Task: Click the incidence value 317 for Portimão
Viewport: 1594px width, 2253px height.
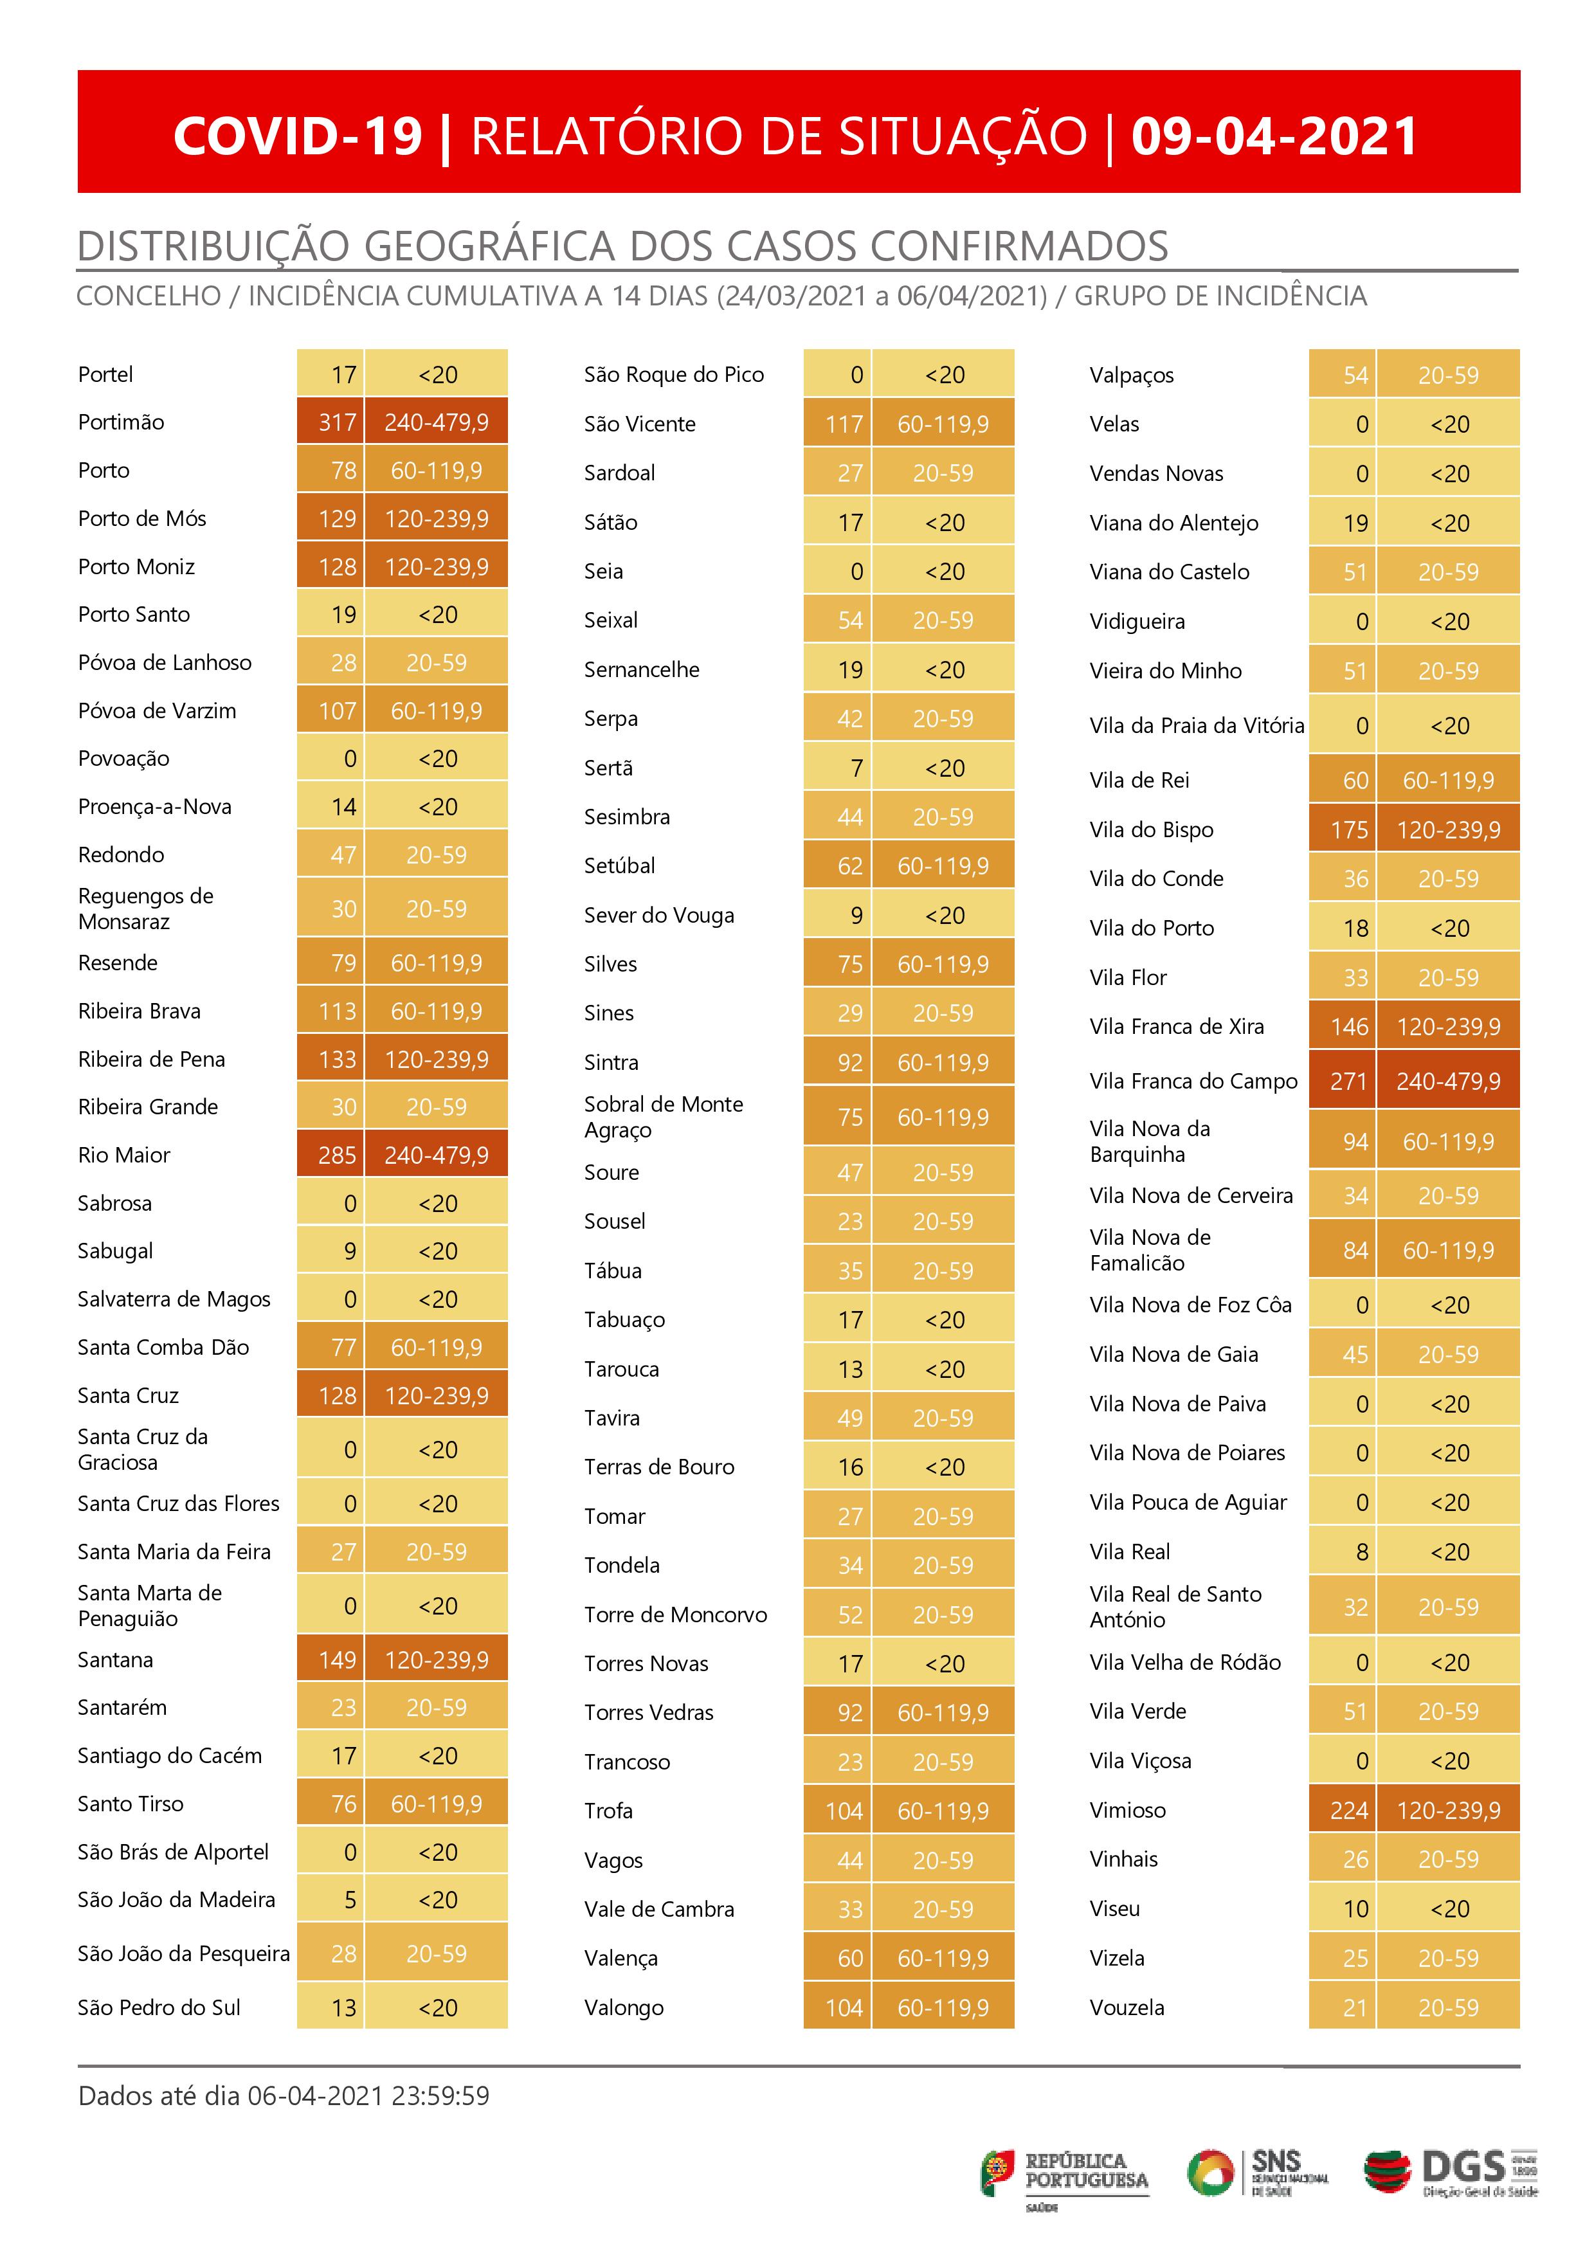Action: click(337, 422)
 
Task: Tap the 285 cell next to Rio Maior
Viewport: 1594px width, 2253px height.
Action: click(337, 1155)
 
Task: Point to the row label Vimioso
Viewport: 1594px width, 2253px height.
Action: click(1128, 1811)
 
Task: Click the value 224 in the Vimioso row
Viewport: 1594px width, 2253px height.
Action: click(1348, 1811)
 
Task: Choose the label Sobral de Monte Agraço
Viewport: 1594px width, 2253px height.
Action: click(664, 1117)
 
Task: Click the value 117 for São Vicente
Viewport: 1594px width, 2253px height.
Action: click(843, 424)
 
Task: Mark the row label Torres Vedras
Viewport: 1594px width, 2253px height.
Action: click(649, 1712)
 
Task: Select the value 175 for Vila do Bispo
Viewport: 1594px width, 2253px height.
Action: click(1348, 830)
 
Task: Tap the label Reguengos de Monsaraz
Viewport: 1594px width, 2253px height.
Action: click(145, 909)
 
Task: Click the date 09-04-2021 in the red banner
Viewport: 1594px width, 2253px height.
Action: click(1274, 136)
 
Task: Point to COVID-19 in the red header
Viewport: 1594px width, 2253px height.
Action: click(298, 136)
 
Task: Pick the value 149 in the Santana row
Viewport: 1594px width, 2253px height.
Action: click(337, 1660)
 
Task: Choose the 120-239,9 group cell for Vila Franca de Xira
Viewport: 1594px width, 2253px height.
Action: click(1448, 1026)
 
